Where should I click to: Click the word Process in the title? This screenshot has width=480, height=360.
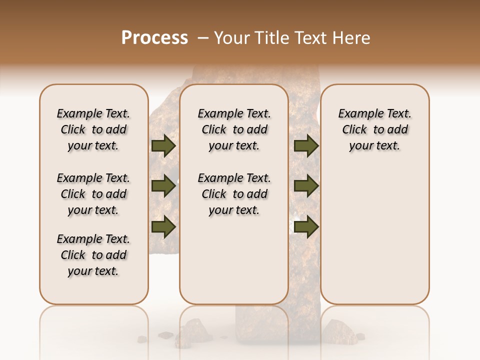(x=154, y=38)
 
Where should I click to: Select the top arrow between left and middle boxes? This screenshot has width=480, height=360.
(x=163, y=146)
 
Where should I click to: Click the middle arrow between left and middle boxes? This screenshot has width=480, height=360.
(x=163, y=186)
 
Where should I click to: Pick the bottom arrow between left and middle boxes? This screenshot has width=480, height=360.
(x=163, y=226)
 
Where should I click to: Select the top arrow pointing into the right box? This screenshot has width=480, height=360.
(x=306, y=146)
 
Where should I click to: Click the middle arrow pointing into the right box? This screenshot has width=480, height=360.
(x=306, y=186)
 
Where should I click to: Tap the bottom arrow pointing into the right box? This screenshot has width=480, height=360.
(x=306, y=226)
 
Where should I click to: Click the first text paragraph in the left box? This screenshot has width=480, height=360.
(x=93, y=129)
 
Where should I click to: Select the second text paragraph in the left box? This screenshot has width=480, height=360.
(x=93, y=194)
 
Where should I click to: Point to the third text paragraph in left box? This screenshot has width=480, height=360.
(x=93, y=255)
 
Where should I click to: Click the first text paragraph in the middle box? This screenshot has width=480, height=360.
(x=234, y=129)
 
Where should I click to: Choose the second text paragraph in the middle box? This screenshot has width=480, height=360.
(x=234, y=194)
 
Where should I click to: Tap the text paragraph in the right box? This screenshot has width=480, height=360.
(x=374, y=129)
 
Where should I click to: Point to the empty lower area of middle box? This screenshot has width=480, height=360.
(x=234, y=260)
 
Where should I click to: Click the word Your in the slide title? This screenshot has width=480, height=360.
(x=230, y=38)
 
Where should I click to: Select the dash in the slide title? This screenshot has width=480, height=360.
(x=203, y=38)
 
